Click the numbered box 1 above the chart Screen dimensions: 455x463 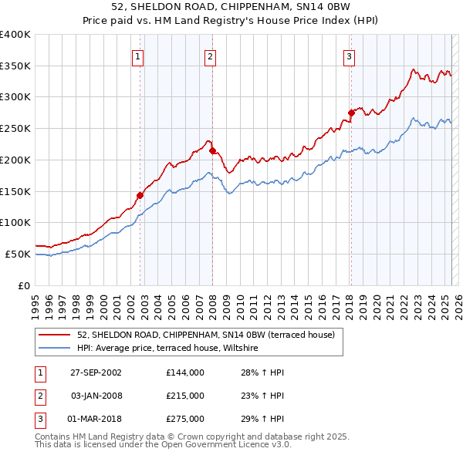click(x=137, y=56)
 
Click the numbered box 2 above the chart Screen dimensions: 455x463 click(x=210, y=56)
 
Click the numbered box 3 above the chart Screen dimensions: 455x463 click(x=349, y=56)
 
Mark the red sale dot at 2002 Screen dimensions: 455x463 click(x=140, y=195)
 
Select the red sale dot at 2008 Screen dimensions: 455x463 click(x=212, y=151)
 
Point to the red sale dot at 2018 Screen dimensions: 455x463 click(x=351, y=113)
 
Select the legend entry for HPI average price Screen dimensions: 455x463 click(x=171, y=349)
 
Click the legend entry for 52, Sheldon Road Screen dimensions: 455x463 click(x=205, y=335)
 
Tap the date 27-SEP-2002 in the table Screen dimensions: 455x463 click(x=96, y=372)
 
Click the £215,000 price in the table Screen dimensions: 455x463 click(x=184, y=396)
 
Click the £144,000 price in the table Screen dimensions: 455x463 click(x=184, y=372)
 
